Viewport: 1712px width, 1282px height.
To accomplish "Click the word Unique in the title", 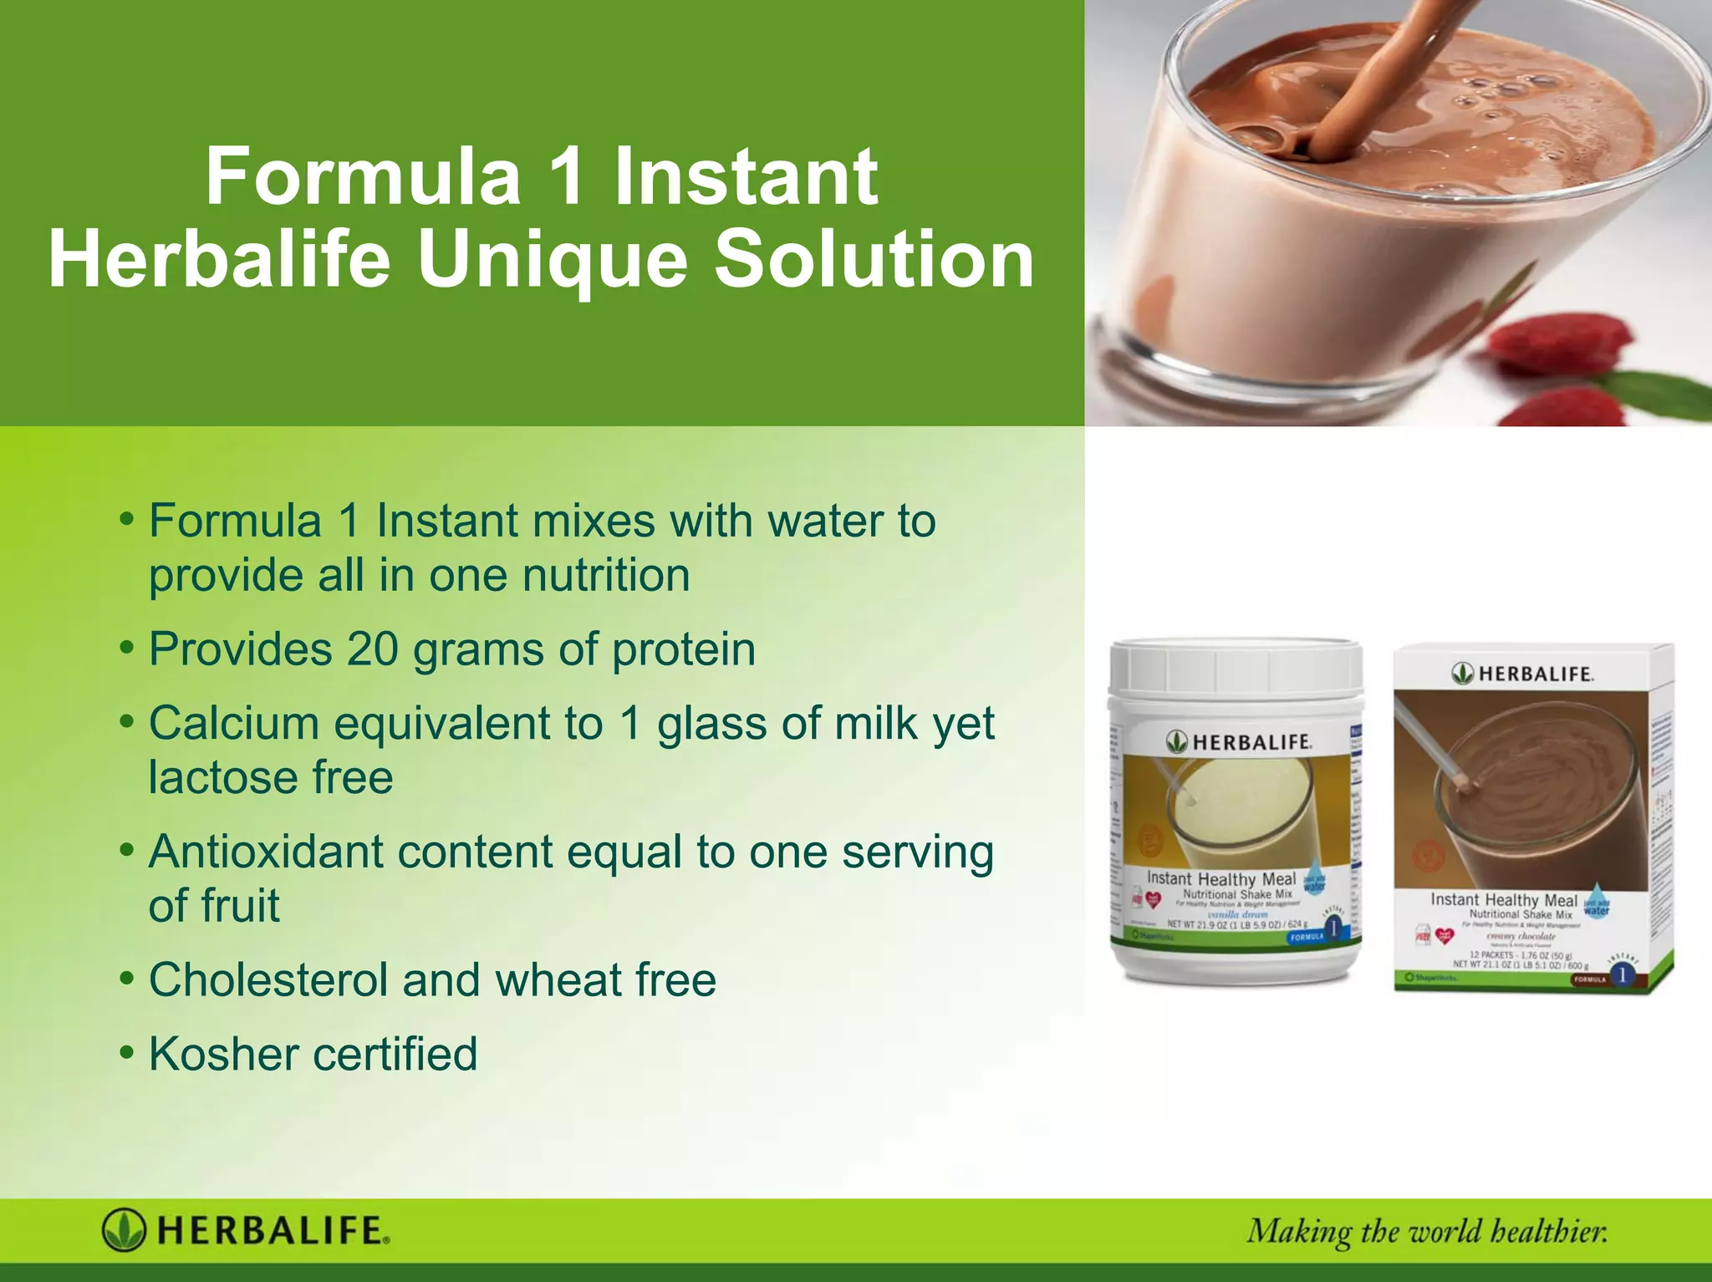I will point(552,261).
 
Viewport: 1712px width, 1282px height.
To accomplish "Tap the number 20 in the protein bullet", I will point(373,649).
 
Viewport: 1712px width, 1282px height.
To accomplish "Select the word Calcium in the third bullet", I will point(233,723).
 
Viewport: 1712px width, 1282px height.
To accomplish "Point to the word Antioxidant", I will point(266,852).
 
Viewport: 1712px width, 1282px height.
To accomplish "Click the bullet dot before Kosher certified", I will point(126,1053).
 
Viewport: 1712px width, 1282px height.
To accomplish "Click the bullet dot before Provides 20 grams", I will point(126,649).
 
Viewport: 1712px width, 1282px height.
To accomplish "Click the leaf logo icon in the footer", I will point(124,1231).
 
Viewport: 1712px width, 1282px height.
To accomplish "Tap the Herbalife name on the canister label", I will point(1251,742).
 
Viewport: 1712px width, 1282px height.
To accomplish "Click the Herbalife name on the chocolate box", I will point(1535,674).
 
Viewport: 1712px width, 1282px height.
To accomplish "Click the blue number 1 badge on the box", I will point(1622,974).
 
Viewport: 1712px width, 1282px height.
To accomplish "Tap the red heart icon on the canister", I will point(1154,900).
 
